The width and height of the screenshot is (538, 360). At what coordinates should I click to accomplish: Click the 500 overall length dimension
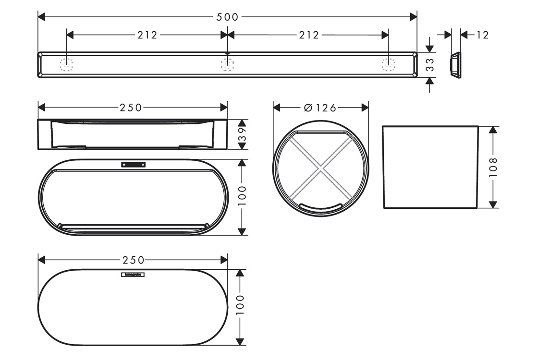click(x=227, y=17)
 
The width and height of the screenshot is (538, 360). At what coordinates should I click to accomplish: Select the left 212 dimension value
click(x=147, y=35)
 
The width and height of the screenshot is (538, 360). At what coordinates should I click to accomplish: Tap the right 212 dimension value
click(x=308, y=35)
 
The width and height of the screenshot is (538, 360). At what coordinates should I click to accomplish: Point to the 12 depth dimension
click(x=482, y=35)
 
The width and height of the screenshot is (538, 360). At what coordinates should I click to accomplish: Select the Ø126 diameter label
click(x=320, y=108)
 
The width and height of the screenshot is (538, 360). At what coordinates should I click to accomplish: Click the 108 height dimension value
click(x=493, y=167)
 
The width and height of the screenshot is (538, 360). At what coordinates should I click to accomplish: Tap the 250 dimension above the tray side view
click(x=131, y=108)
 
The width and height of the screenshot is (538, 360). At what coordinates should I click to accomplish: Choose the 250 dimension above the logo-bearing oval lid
click(x=133, y=260)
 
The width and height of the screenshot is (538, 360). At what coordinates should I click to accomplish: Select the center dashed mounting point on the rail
click(x=227, y=64)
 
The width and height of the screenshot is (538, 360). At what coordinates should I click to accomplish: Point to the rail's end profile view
click(x=455, y=65)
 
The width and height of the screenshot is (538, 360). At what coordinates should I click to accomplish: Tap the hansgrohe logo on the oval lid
click(x=134, y=275)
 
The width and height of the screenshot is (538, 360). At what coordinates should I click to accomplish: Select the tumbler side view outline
click(x=430, y=167)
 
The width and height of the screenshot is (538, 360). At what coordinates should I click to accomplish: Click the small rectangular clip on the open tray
click(x=133, y=165)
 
